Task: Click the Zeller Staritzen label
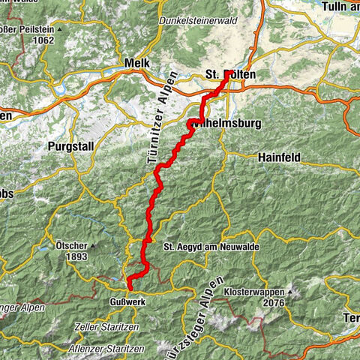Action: pos(107,327)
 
